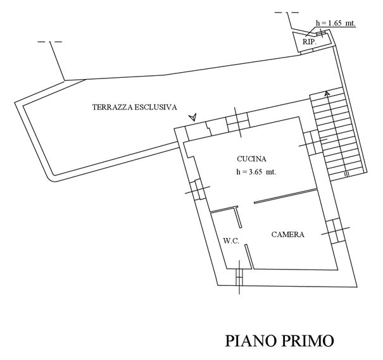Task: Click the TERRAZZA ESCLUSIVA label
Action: (135, 107)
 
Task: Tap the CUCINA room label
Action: (251, 159)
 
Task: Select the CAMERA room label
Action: (288, 235)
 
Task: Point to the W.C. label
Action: (231, 241)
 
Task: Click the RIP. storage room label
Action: (310, 42)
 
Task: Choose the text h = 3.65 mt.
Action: (256, 172)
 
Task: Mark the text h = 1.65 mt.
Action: (336, 23)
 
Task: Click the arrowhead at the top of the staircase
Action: (327, 93)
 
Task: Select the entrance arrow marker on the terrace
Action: (193, 118)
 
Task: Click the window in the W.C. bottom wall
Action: (239, 277)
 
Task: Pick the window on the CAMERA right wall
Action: (335, 231)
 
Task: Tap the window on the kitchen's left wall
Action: (198, 190)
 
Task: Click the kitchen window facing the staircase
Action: (313, 142)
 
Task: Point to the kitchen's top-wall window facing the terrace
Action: (237, 122)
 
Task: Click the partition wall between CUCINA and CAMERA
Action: (286, 196)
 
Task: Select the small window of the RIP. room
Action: (322, 34)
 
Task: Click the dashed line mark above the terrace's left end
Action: (50, 42)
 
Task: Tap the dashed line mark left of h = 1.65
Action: (287, 12)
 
